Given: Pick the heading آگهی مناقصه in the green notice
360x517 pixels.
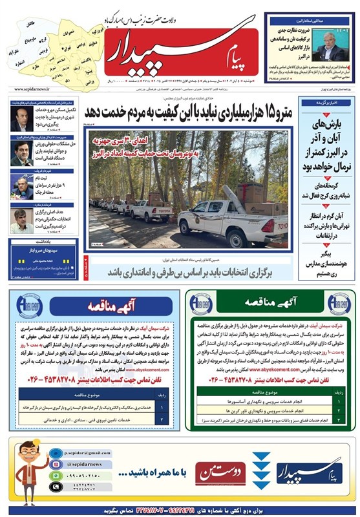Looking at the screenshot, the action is pos(270,302).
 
